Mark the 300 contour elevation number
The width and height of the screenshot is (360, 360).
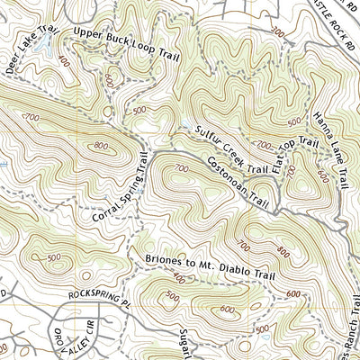(274, 32)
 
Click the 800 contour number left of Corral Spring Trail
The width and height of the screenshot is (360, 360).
(98, 146)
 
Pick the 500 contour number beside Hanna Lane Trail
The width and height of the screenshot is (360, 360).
(294, 122)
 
